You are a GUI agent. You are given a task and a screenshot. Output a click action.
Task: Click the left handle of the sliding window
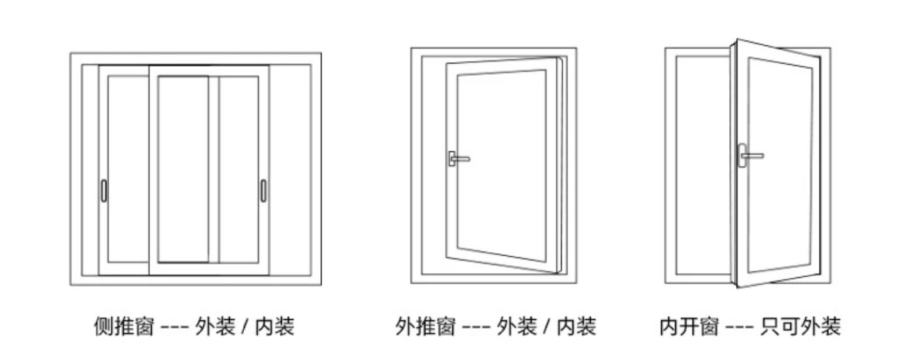[x=104, y=190]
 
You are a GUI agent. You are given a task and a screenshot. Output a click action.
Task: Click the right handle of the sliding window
[x=263, y=190]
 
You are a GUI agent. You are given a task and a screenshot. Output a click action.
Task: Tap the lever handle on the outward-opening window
[x=458, y=158]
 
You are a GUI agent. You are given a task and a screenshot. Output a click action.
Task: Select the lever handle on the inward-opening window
[x=750, y=155]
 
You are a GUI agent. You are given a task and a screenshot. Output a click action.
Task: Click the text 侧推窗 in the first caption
[x=124, y=327]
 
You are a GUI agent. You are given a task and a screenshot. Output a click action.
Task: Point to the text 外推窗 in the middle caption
[x=425, y=327]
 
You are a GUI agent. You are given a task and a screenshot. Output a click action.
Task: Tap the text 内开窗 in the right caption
[x=689, y=327]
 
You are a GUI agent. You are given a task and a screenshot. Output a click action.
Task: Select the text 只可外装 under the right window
[x=800, y=327]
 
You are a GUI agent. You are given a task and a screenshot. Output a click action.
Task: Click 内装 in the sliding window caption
[x=275, y=327]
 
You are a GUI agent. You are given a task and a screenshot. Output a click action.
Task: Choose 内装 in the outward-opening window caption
[x=576, y=327]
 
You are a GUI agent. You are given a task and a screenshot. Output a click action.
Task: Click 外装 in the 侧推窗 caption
[x=215, y=327]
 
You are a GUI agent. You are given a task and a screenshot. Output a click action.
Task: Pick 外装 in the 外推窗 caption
[x=517, y=327]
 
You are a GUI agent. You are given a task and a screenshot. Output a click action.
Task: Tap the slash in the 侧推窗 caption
[x=245, y=327]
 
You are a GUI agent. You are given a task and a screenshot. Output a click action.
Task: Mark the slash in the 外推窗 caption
[x=547, y=327]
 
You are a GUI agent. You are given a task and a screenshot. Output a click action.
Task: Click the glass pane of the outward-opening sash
[x=501, y=164]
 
